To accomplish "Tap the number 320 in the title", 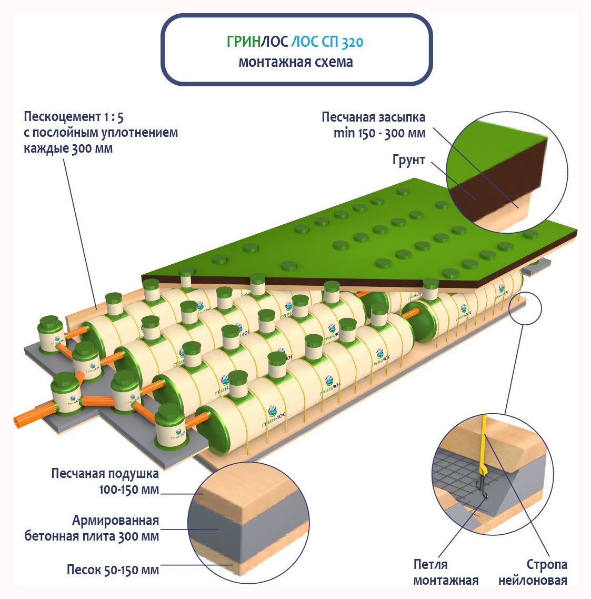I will click(x=352, y=43).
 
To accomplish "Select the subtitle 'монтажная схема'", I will click(x=296, y=62).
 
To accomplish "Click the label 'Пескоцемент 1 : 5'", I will click(x=74, y=116).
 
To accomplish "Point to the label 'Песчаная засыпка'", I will click(x=373, y=117).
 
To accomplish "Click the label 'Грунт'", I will click(x=408, y=160).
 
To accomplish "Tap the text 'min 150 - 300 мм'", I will click(x=379, y=133).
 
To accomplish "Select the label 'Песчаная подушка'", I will click(x=105, y=473).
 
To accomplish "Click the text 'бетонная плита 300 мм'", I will click(x=92, y=536).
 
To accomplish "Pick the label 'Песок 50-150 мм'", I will click(x=113, y=570).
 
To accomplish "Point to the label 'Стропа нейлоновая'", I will click(x=533, y=572).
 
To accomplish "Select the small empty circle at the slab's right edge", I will click(x=527, y=309).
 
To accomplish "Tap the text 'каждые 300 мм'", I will click(x=68, y=148).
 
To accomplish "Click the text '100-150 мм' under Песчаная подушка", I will click(x=129, y=490).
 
